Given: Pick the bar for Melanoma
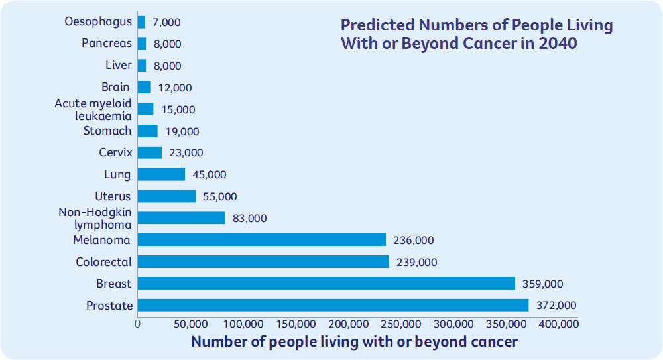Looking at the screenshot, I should point(261,240).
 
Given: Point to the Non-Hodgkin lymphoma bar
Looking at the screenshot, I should point(181,218).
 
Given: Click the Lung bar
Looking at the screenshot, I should point(161,174).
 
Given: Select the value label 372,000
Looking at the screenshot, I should point(556,306).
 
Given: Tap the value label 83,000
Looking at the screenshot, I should point(250,218).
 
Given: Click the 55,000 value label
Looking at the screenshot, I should point(219,196).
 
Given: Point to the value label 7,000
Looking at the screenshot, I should point(165,22).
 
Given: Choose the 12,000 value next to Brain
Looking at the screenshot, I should point(174,88).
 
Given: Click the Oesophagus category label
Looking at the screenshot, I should point(98,22).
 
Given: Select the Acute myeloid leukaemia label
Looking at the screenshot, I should point(93,109).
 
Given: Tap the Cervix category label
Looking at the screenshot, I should point(115,152).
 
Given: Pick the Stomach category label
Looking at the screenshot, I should point(107,131).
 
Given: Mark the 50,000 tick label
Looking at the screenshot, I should point(190,324).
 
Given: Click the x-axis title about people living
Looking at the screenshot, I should point(354,342).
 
